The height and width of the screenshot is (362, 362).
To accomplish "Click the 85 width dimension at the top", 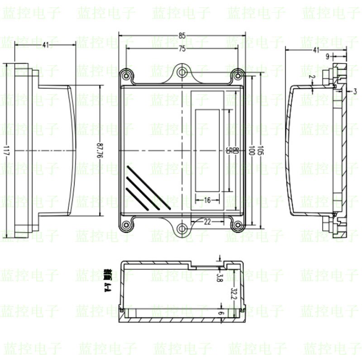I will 181,35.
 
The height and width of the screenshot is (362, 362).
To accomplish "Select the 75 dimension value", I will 181,48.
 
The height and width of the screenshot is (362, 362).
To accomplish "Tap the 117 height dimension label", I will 5,150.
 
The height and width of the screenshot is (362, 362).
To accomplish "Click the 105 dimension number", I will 260,150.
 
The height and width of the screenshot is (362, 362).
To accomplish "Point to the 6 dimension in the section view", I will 221,313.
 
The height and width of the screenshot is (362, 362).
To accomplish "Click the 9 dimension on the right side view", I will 327,56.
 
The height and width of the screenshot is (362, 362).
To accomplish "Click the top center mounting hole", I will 181,71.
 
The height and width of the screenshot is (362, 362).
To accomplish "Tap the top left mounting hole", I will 125,73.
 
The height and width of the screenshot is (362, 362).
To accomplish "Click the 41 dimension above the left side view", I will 45,45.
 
